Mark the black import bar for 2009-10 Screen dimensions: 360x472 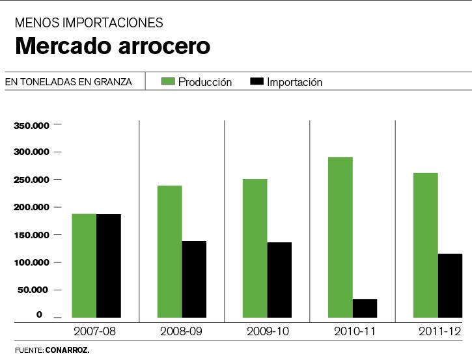279,279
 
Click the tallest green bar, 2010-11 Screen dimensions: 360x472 340,237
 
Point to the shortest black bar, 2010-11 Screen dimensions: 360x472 365,308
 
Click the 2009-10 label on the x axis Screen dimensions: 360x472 268,331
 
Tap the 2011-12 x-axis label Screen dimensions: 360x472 438,331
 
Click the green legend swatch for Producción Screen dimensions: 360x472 168,81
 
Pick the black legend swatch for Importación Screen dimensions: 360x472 256,81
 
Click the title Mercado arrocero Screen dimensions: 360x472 113,47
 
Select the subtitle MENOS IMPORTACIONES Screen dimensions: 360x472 89,23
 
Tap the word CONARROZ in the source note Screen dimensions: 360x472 67,350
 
